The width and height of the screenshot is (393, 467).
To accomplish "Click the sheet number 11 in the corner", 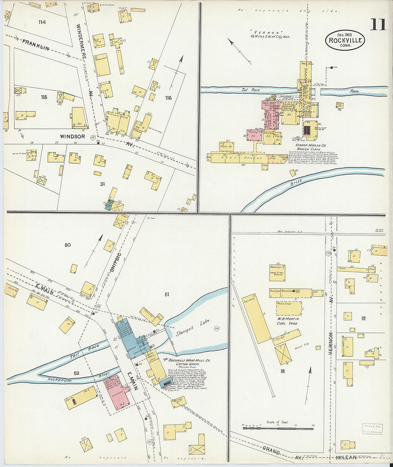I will pos(378,25).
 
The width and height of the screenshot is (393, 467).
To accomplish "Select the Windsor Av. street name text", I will pos(73,136).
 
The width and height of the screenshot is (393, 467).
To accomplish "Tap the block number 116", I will pos(168,98).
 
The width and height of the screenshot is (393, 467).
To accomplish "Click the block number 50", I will pos(68,245).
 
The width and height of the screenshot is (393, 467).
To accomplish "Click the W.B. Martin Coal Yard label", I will pos(288,321).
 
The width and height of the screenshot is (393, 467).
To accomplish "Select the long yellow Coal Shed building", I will pos(256,319).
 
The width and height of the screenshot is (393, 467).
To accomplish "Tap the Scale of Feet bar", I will pos(278,428).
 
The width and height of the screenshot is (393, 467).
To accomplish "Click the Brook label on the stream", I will pos(296,182).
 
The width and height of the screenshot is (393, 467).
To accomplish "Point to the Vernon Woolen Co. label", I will pos(310,145).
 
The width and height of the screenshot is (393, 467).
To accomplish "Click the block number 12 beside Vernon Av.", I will pos(363,318).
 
